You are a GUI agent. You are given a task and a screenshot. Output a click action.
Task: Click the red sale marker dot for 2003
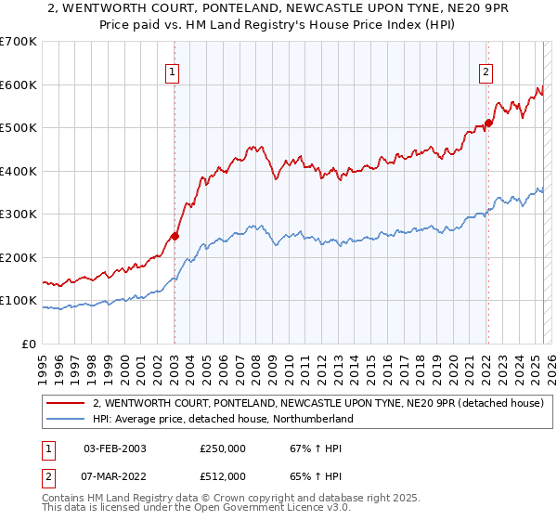pos(175,236)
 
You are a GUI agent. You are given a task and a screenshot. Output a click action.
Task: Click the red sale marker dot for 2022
pos(488,123)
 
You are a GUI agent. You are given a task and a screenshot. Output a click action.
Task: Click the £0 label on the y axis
pos(28,344)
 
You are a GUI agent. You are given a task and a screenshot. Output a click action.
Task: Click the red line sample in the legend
pos(67,403)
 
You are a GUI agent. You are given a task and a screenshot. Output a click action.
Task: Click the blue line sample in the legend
pos(67,419)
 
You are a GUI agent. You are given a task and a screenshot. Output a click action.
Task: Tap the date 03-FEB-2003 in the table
pos(115,448)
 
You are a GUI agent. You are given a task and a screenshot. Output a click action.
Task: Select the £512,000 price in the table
pos(222,476)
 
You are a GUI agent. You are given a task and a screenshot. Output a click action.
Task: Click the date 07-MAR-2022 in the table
pos(115,476)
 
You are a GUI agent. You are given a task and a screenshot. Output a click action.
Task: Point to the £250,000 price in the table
pos(222,448)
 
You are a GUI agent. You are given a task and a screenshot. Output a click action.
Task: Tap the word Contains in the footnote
pos(66,500)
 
